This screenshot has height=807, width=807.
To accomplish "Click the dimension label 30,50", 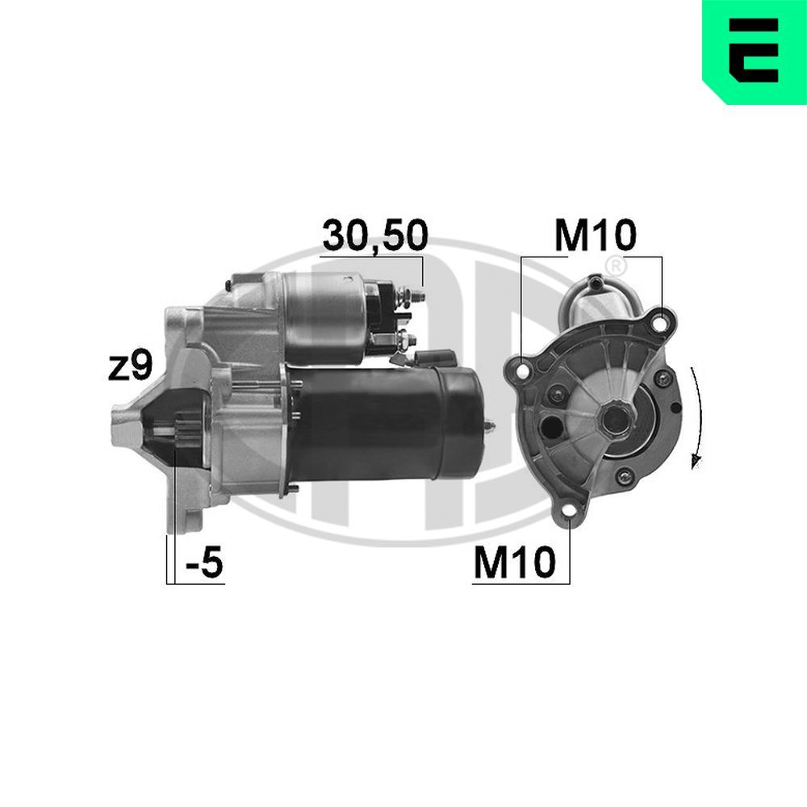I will tap(374, 235).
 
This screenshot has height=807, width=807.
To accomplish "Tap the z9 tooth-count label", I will tap(130, 368).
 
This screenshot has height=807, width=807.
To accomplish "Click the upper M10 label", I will tap(596, 235).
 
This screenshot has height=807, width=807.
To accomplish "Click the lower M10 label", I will tap(514, 563).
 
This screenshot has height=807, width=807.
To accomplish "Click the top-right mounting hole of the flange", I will tap(661, 323).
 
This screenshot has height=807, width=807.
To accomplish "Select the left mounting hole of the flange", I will tap(521, 372).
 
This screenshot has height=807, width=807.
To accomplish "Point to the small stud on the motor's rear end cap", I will tap(490, 426).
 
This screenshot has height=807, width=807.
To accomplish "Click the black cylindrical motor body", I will tap(387, 424).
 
